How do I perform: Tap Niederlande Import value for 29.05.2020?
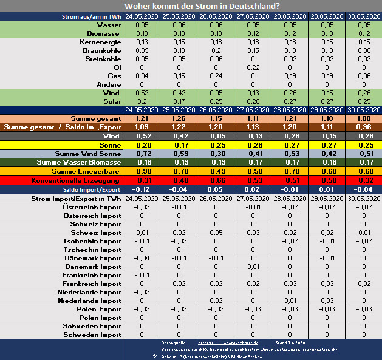tap(327, 301)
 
